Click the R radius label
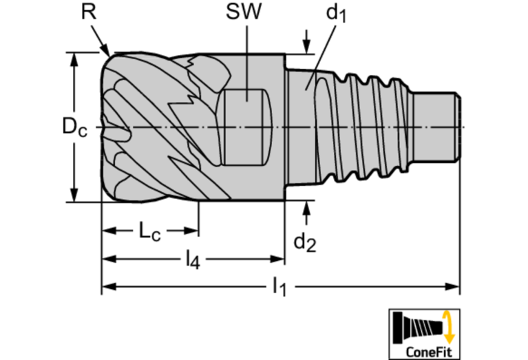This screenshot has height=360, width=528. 89,12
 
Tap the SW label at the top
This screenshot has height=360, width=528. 244,12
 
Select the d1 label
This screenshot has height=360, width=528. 336,14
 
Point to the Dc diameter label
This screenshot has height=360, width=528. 74,127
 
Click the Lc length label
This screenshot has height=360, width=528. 150,231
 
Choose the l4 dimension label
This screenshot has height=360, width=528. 193,260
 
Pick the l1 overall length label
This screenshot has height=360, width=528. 279,287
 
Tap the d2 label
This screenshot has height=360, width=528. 305,242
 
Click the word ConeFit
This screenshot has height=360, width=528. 428,352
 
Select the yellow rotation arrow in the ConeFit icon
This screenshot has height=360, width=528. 448,327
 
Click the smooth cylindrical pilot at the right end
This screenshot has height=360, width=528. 436,127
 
